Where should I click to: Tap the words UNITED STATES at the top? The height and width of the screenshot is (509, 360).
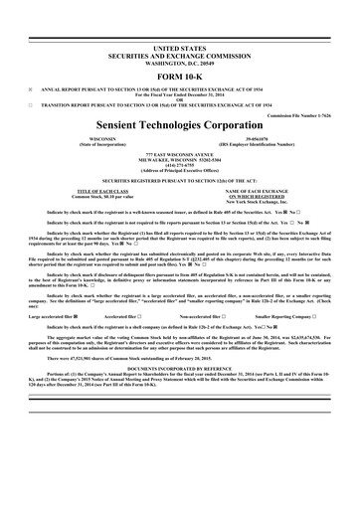coord(179,48)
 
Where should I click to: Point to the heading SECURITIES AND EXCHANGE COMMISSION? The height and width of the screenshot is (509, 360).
coord(179,54)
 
